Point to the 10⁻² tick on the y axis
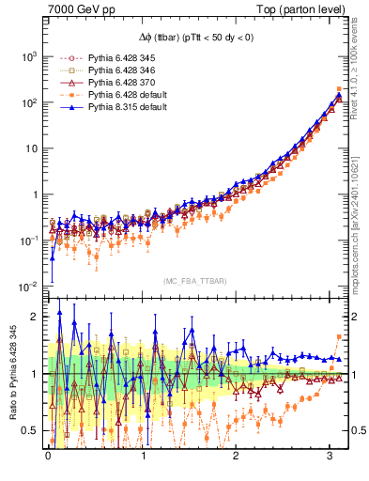tap(30, 286)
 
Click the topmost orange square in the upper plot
tap(338, 89)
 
